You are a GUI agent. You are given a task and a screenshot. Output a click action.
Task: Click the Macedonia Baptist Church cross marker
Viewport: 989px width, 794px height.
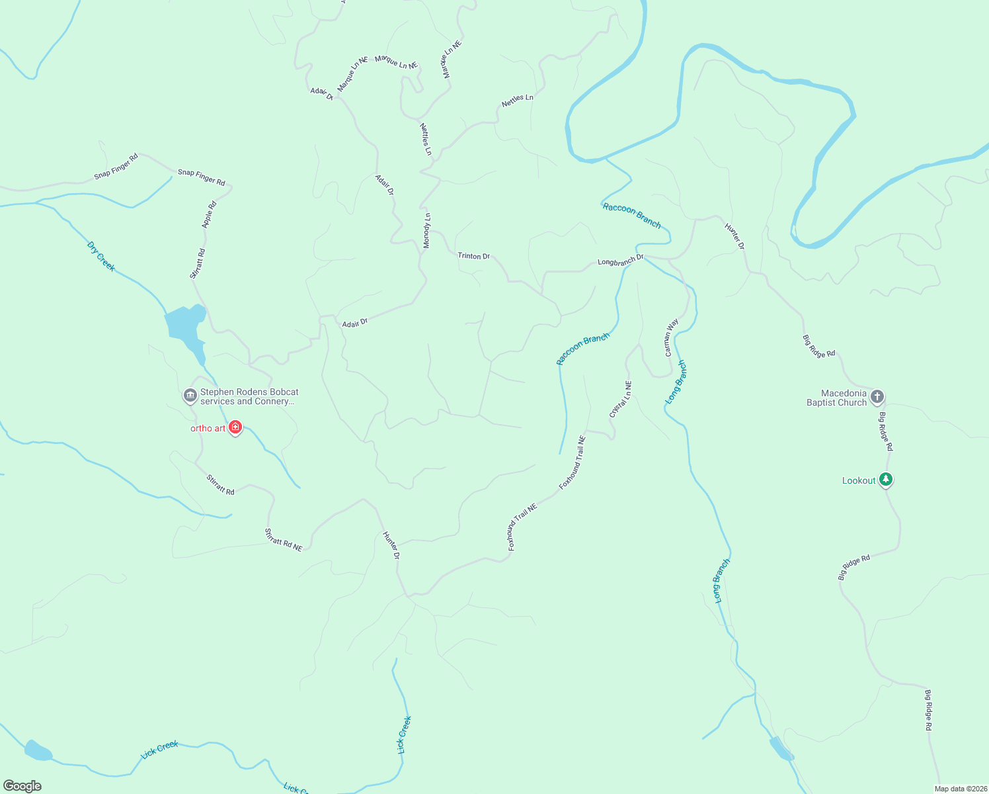pyautogui.click(x=877, y=397)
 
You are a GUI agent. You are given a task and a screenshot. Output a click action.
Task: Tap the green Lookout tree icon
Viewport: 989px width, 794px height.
pyautogui.click(x=886, y=480)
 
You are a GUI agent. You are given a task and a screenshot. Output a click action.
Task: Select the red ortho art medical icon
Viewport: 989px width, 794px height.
pyautogui.click(x=235, y=427)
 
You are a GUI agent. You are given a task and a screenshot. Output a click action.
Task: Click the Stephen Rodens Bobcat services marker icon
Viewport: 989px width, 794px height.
pyautogui.click(x=190, y=396)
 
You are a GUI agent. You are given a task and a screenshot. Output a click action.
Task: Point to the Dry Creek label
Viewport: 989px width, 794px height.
pyautogui.click(x=101, y=256)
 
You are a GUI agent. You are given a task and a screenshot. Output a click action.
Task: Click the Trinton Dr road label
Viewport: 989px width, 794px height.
pyautogui.click(x=474, y=256)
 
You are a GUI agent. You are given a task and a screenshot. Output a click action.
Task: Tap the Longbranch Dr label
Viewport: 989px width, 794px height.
pyautogui.click(x=620, y=261)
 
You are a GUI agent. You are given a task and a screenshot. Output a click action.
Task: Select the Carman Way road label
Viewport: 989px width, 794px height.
pyautogui.click(x=671, y=337)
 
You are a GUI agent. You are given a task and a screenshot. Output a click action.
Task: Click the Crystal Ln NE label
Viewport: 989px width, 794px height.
pyautogui.click(x=620, y=399)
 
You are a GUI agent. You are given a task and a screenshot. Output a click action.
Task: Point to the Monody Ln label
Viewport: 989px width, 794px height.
pyautogui.click(x=427, y=231)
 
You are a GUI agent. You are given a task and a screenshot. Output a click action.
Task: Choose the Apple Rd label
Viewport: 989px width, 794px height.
pyautogui.click(x=209, y=216)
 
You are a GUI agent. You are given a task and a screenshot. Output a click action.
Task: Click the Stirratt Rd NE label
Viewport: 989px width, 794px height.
pyautogui.click(x=283, y=540)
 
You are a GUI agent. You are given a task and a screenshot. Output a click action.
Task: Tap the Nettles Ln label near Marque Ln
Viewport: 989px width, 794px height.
pyautogui.click(x=426, y=139)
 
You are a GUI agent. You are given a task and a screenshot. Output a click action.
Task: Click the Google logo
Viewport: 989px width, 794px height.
pyautogui.click(x=22, y=786)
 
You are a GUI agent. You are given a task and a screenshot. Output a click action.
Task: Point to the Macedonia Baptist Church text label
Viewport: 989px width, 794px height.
pyautogui.click(x=836, y=398)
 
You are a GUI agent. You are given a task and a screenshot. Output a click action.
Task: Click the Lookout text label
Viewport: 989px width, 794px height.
pyautogui.click(x=859, y=481)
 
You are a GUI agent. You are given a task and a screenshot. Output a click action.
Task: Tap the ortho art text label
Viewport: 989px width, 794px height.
pyautogui.click(x=208, y=428)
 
